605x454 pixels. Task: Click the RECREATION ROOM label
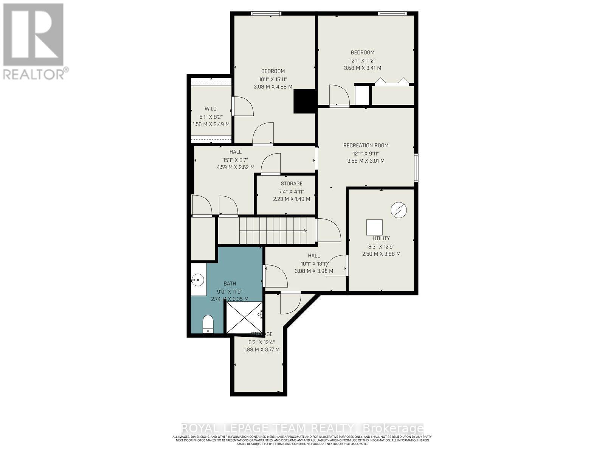tap(366, 145)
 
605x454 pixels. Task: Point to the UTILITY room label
tap(381, 238)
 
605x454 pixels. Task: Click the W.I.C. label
tap(211, 109)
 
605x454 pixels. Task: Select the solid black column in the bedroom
tap(305, 101)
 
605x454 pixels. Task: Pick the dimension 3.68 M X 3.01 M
tap(366, 161)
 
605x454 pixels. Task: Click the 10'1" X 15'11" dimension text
tap(273, 79)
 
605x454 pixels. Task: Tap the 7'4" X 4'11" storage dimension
tap(292, 191)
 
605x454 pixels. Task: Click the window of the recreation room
tap(416, 168)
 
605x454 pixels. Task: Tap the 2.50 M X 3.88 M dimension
tap(381, 254)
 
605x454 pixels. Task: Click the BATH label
tap(230, 283)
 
